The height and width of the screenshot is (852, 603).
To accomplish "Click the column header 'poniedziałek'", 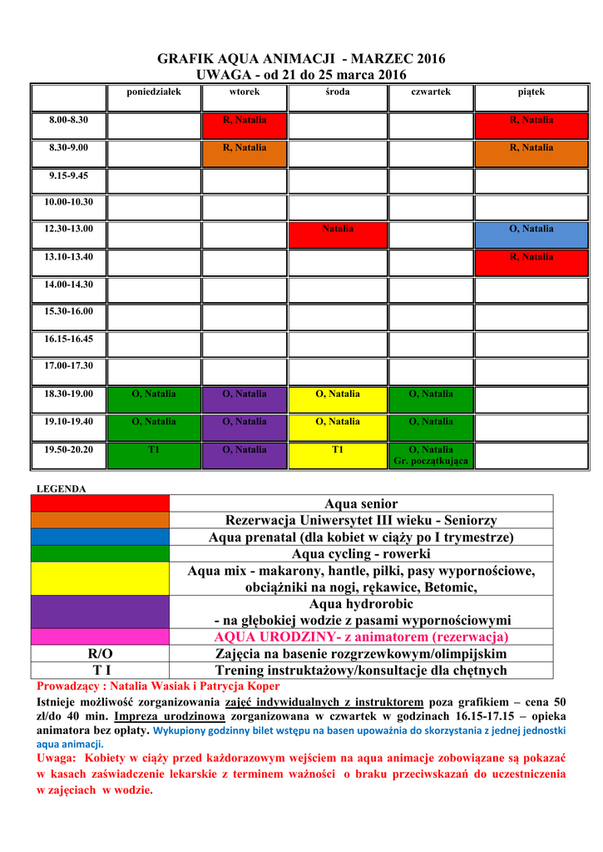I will pyautogui.click(x=153, y=92).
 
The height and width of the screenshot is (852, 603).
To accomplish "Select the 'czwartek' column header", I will pyautogui.click(x=431, y=92).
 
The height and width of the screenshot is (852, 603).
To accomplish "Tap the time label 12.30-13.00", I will pyautogui.click(x=69, y=229).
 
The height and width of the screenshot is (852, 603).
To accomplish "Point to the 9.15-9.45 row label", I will pyautogui.click(x=69, y=176).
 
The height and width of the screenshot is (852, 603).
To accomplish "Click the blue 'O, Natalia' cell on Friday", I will pyautogui.click(x=531, y=233).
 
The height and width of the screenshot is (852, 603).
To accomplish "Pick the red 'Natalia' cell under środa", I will pyautogui.click(x=338, y=233).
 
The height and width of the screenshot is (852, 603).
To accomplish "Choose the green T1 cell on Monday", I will pyautogui.click(x=154, y=454).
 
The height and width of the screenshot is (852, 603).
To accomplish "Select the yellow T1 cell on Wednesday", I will pyautogui.click(x=338, y=454).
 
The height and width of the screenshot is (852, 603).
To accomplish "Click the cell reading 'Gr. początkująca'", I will pyautogui.click(x=431, y=460).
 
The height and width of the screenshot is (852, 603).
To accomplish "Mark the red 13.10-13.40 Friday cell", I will pyautogui.click(x=531, y=261).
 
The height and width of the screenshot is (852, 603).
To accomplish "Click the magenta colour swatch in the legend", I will pyautogui.click(x=100, y=637).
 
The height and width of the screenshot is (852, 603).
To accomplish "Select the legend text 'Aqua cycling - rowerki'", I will pyautogui.click(x=361, y=553).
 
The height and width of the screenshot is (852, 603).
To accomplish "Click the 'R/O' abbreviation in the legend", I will pyautogui.click(x=100, y=653).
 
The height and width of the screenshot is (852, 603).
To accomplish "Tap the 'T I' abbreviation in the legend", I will pyautogui.click(x=100, y=670).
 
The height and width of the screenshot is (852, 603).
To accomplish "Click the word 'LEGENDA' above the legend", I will pyautogui.click(x=62, y=489).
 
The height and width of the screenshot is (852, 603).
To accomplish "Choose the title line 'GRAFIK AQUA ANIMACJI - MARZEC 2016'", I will pyautogui.click(x=302, y=58).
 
